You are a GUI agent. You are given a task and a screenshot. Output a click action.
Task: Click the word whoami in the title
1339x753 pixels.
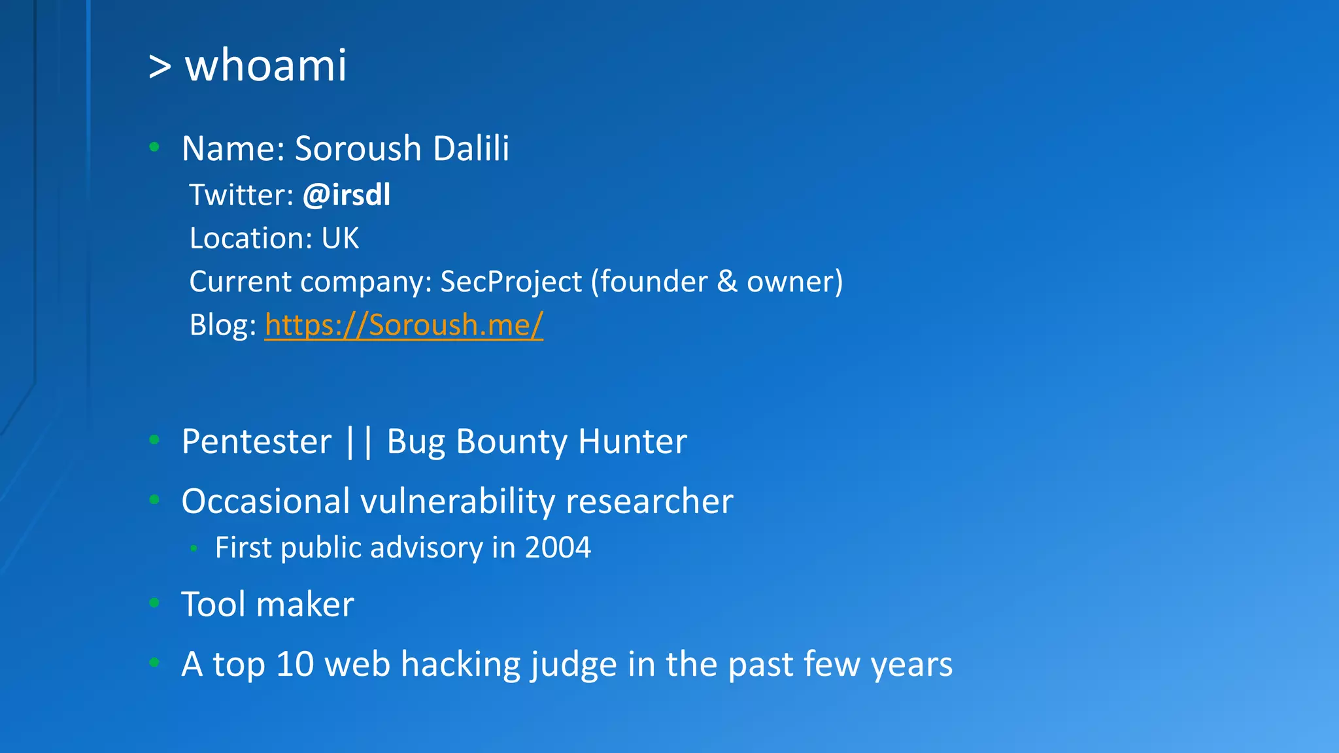(x=265, y=65)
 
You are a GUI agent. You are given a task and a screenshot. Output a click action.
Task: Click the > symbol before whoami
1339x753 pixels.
(x=160, y=66)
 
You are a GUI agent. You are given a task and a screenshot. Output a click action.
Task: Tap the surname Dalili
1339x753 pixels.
(x=471, y=148)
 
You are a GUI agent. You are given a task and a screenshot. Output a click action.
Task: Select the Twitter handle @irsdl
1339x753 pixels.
(x=347, y=195)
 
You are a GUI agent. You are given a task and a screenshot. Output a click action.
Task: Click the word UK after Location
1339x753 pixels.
(x=340, y=238)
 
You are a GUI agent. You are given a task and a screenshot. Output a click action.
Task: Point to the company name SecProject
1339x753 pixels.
(x=511, y=282)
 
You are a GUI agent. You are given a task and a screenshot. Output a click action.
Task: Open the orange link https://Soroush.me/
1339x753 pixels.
(x=403, y=325)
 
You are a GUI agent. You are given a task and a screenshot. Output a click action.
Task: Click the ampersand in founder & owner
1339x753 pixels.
(x=727, y=282)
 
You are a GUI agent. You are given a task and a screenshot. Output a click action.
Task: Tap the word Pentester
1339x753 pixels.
(x=256, y=441)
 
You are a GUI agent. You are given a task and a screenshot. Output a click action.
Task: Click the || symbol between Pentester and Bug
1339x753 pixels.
(x=359, y=441)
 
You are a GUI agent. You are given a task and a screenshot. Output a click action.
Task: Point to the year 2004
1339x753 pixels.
(x=558, y=547)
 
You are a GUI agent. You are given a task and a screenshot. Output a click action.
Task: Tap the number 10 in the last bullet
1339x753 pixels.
(x=295, y=664)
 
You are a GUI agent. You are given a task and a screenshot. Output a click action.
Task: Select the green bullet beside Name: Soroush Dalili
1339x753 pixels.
(x=154, y=147)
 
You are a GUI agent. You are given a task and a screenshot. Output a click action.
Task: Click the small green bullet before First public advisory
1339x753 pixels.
(x=194, y=548)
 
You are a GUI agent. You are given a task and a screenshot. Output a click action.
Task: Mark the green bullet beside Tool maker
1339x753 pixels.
(x=154, y=603)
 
